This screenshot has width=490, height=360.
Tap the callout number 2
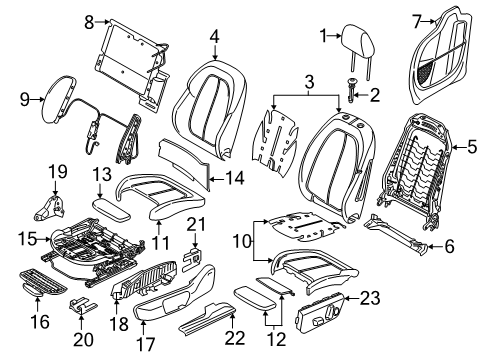pyautogui.click(x=375, y=95)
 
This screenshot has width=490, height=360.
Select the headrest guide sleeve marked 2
pyautogui.click(x=351, y=89)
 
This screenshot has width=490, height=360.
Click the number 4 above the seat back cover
pyautogui.click(x=215, y=37)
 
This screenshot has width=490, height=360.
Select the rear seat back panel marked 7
pyautogui.click(x=442, y=55)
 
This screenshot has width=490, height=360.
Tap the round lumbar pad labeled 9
pyautogui.click(x=57, y=100)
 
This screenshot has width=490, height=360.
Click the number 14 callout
pyautogui.click(x=234, y=178)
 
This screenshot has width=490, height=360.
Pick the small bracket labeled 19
pyautogui.click(x=49, y=208)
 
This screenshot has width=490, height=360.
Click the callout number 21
pyautogui.click(x=196, y=224)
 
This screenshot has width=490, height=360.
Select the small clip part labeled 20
pyautogui.click(x=83, y=305)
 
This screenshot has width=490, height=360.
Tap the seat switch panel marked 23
pyautogui.click(x=320, y=312)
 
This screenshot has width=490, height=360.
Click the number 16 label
pyautogui.click(x=40, y=322)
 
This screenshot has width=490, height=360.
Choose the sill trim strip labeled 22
pyautogui.click(x=208, y=320)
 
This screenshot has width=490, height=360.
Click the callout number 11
pyautogui.click(x=160, y=243)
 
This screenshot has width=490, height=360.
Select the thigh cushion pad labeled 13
pyautogui.click(x=112, y=209)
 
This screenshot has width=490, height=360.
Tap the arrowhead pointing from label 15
pyautogui.click(x=49, y=239)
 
